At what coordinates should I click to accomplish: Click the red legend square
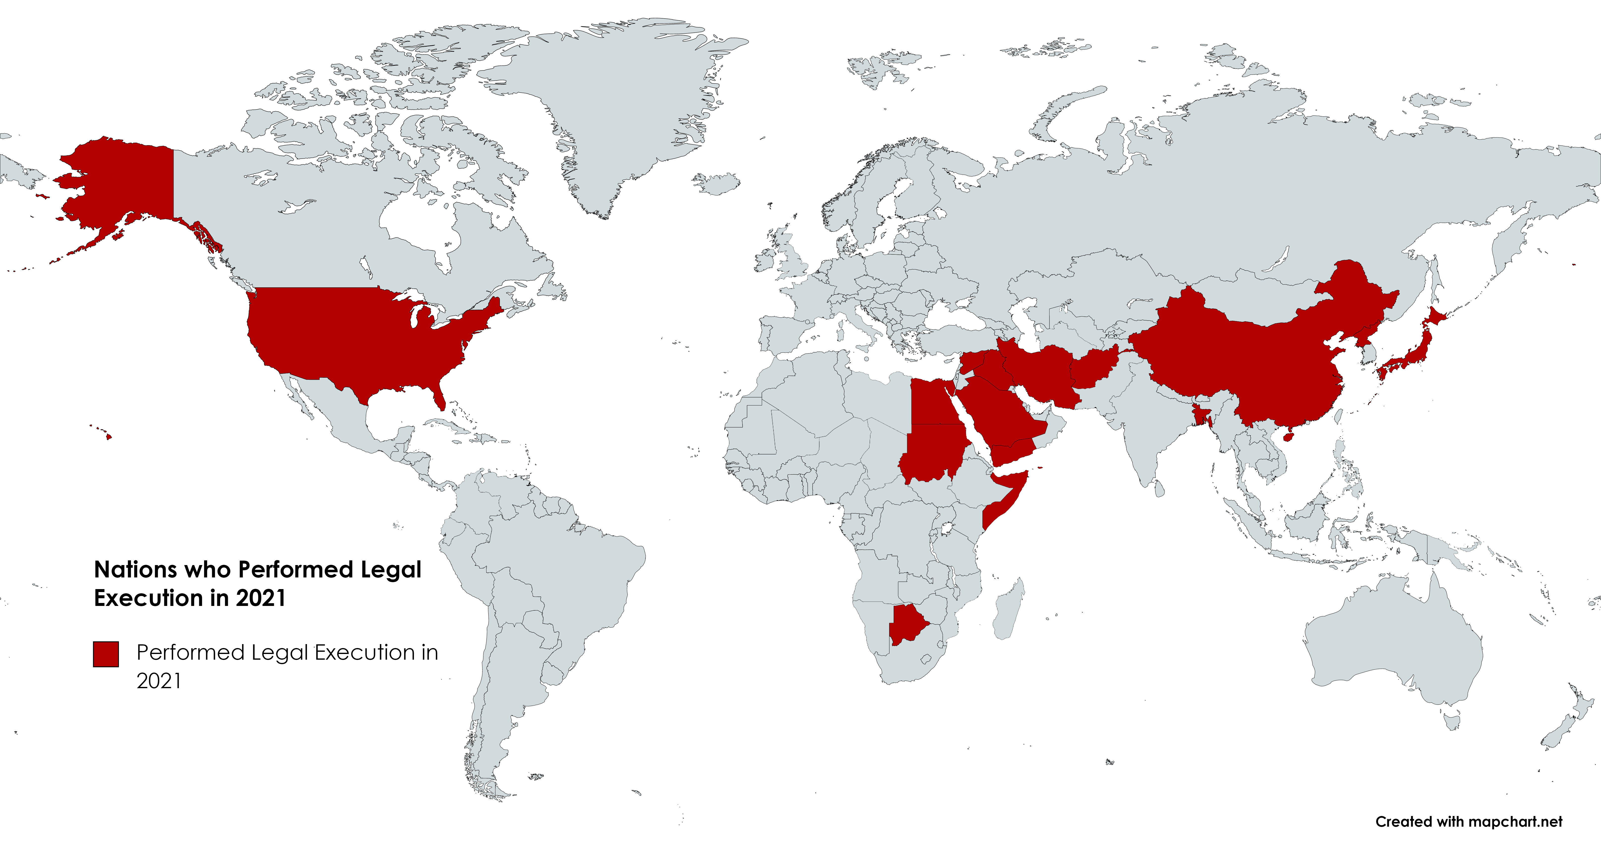pos(106,654)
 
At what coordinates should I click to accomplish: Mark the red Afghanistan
pos(1094,370)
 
